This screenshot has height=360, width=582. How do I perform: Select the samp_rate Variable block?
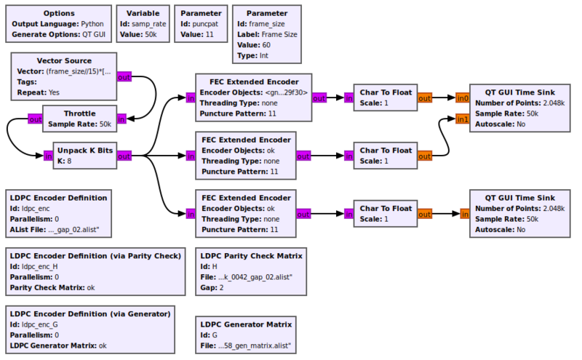143,24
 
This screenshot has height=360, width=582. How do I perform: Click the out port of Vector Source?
124,77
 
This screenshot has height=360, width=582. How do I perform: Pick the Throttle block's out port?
35,119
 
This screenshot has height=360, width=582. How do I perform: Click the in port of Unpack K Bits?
48,155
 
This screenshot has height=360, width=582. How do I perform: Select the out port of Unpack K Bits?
124,155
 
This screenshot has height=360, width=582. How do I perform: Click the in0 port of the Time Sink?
462,97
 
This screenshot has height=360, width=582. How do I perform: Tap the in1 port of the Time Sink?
462,119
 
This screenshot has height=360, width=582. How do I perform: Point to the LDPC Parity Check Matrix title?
251,255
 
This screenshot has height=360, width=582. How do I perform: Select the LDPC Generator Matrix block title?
246,324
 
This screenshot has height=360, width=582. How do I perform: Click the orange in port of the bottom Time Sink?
463,214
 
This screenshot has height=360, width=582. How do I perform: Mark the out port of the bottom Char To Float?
425,214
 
